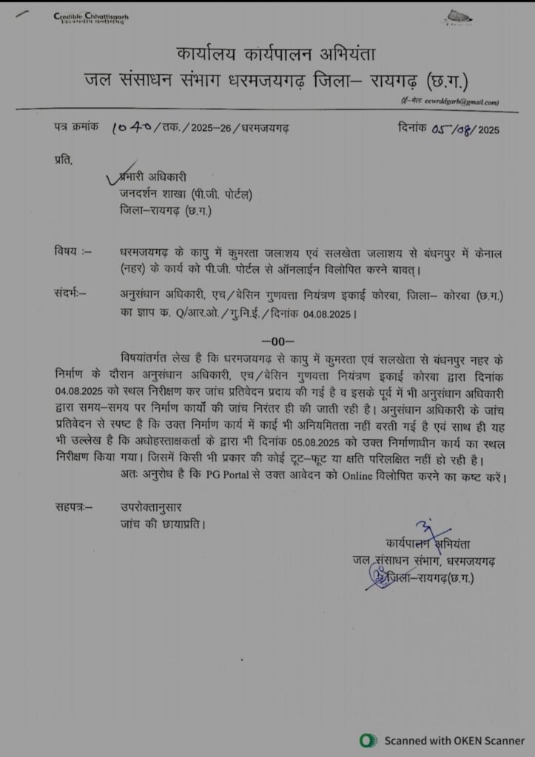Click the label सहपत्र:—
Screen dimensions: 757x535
coord(75,507)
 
